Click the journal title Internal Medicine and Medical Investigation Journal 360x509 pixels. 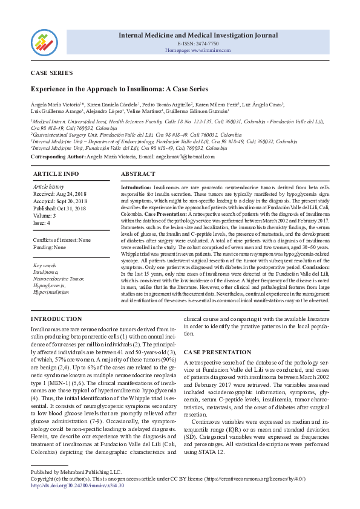(198, 35)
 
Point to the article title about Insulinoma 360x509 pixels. (119, 89)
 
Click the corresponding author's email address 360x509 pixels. (186, 157)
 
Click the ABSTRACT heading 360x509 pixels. (139, 173)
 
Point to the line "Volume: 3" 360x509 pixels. (45, 215)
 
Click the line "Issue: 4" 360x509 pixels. (42, 222)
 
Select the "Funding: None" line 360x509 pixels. (49, 246)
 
